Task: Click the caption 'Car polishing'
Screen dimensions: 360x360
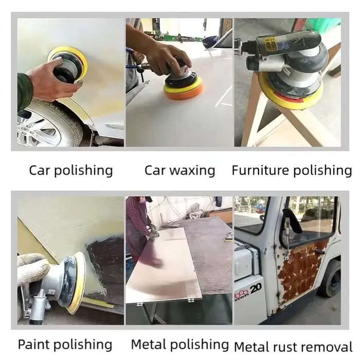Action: pyautogui.click(x=71, y=171)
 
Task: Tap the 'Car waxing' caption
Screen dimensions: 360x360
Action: pyautogui.click(x=180, y=171)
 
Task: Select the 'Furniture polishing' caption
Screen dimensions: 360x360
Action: pyautogui.click(x=292, y=171)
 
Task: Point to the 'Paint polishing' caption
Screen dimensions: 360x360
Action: pyautogui.click(x=65, y=345)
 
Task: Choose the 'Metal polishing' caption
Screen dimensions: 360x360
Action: pyautogui.click(x=180, y=345)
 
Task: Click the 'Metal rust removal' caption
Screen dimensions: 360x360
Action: pyautogui.click(x=293, y=347)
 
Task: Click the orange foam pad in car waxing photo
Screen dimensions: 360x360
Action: pyautogui.click(x=184, y=90)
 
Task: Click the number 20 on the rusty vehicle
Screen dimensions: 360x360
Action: pyautogui.click(x=256, y=289)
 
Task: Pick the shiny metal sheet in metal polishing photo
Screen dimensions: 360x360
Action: pyautogui.click(x=165, y=264)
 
